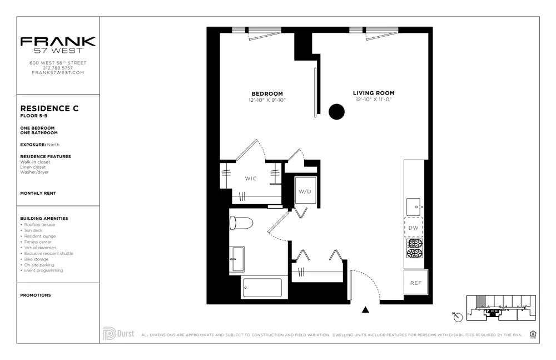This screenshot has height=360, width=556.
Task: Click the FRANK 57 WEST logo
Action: (58, 45)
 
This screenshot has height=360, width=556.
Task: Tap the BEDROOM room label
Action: (267, 93)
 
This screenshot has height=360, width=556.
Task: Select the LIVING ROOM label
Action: (374, 93)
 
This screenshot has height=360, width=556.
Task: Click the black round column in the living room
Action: (336, 112)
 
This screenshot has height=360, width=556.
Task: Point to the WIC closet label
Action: (251, 179)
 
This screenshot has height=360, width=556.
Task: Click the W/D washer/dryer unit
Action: (305, 191)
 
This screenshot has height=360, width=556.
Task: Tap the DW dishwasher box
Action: (413, 228)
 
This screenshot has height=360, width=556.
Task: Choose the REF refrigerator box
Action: (415, 283)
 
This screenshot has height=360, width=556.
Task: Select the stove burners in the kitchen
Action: (414, 249)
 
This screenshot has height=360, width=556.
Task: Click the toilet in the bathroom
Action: (241, 223)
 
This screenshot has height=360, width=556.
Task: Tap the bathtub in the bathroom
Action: (261, 288)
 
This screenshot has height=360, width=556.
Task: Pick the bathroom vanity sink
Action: (237, 259)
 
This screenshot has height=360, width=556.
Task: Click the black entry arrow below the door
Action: (365, 310)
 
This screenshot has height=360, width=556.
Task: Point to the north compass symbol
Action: (458, 317)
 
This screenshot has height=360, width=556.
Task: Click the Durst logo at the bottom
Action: (118, 334)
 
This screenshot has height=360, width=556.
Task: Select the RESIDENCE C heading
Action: (49, 109)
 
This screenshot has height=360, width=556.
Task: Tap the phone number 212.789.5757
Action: (58, 68)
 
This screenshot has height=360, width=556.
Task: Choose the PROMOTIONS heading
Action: (36, 295)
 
